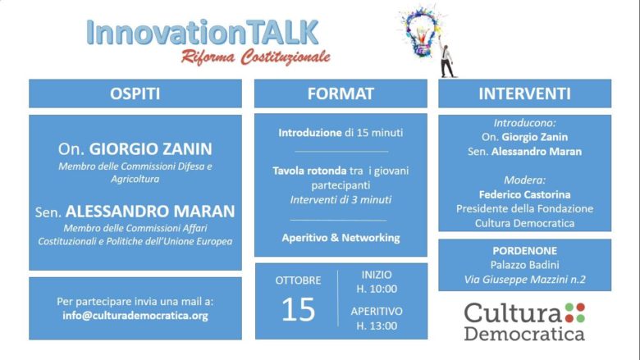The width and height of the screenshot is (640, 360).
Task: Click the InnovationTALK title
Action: coord(203,33)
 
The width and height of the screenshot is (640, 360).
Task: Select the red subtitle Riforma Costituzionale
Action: coord(256,57)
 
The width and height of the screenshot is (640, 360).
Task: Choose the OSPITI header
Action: coord(135,93)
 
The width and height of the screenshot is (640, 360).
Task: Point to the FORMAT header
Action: coord(341,93)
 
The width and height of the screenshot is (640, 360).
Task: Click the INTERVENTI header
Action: coord(524,93)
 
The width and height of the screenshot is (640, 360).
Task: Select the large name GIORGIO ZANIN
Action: coord(151,148)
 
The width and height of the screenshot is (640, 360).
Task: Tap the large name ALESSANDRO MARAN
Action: coord(150,212)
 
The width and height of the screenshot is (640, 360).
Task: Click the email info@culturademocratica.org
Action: coord(135,316)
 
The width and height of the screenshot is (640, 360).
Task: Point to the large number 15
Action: coord(299,309)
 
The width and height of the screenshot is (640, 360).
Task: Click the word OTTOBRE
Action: coord(298,280)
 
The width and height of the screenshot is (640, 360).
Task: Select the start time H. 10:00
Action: coord(377,289)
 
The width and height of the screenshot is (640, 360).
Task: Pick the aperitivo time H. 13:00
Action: coord(377,326)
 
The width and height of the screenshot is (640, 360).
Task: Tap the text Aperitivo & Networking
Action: coord(341,238)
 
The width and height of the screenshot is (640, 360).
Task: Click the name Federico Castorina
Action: coord(524,194)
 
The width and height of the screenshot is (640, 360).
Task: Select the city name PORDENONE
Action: coord(524,251)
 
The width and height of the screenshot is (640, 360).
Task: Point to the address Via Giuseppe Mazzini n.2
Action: coord(524,280)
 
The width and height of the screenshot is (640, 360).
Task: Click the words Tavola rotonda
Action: coord(309,171)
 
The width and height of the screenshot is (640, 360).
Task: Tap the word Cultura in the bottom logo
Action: coord(513,313)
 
